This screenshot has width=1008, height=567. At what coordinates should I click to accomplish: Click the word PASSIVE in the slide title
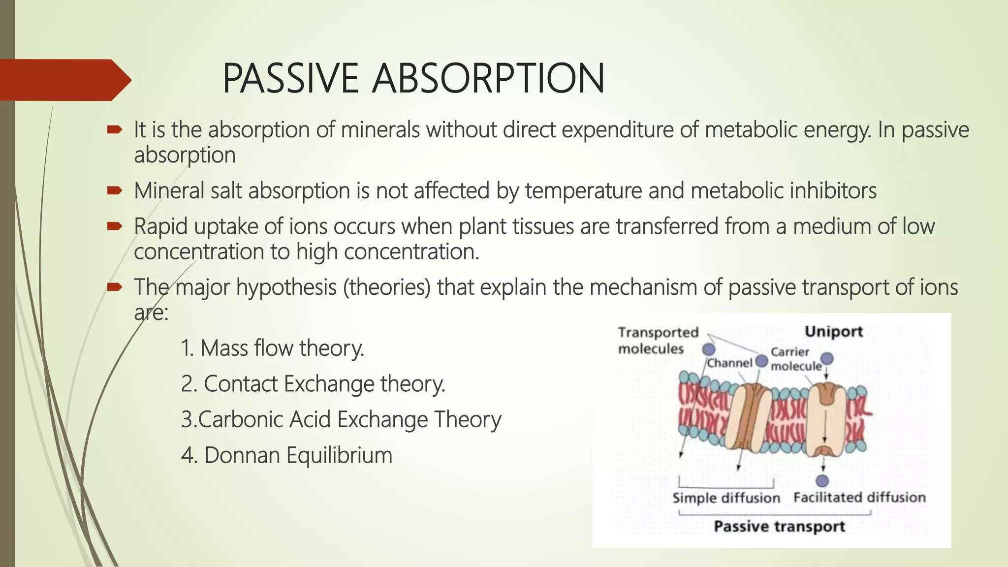coord(290,78)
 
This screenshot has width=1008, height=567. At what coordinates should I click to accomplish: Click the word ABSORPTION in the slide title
coord(488,78)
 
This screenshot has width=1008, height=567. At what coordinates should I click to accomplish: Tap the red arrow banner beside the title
coord(64,80)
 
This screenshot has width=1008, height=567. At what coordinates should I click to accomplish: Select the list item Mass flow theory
coord(272,348)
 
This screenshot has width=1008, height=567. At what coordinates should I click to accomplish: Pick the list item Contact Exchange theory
coord(313,384)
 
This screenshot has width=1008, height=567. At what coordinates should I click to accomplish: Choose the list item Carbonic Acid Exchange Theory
coord(341,420)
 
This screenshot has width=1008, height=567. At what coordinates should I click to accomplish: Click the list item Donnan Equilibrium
coord(286,455)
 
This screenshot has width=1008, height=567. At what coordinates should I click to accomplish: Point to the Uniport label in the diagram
coord(833,332)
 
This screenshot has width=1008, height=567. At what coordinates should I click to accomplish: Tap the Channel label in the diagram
coord(730,363)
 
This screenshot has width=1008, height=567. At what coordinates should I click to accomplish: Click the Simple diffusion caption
coord(726,498)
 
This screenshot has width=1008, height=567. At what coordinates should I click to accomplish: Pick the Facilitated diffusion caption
coord(859,498)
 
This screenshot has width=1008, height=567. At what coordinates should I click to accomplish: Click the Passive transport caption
coord(779,527)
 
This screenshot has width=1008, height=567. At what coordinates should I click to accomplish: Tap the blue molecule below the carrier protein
coord(822,481)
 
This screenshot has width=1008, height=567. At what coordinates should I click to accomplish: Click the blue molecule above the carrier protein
coord(827,358)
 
